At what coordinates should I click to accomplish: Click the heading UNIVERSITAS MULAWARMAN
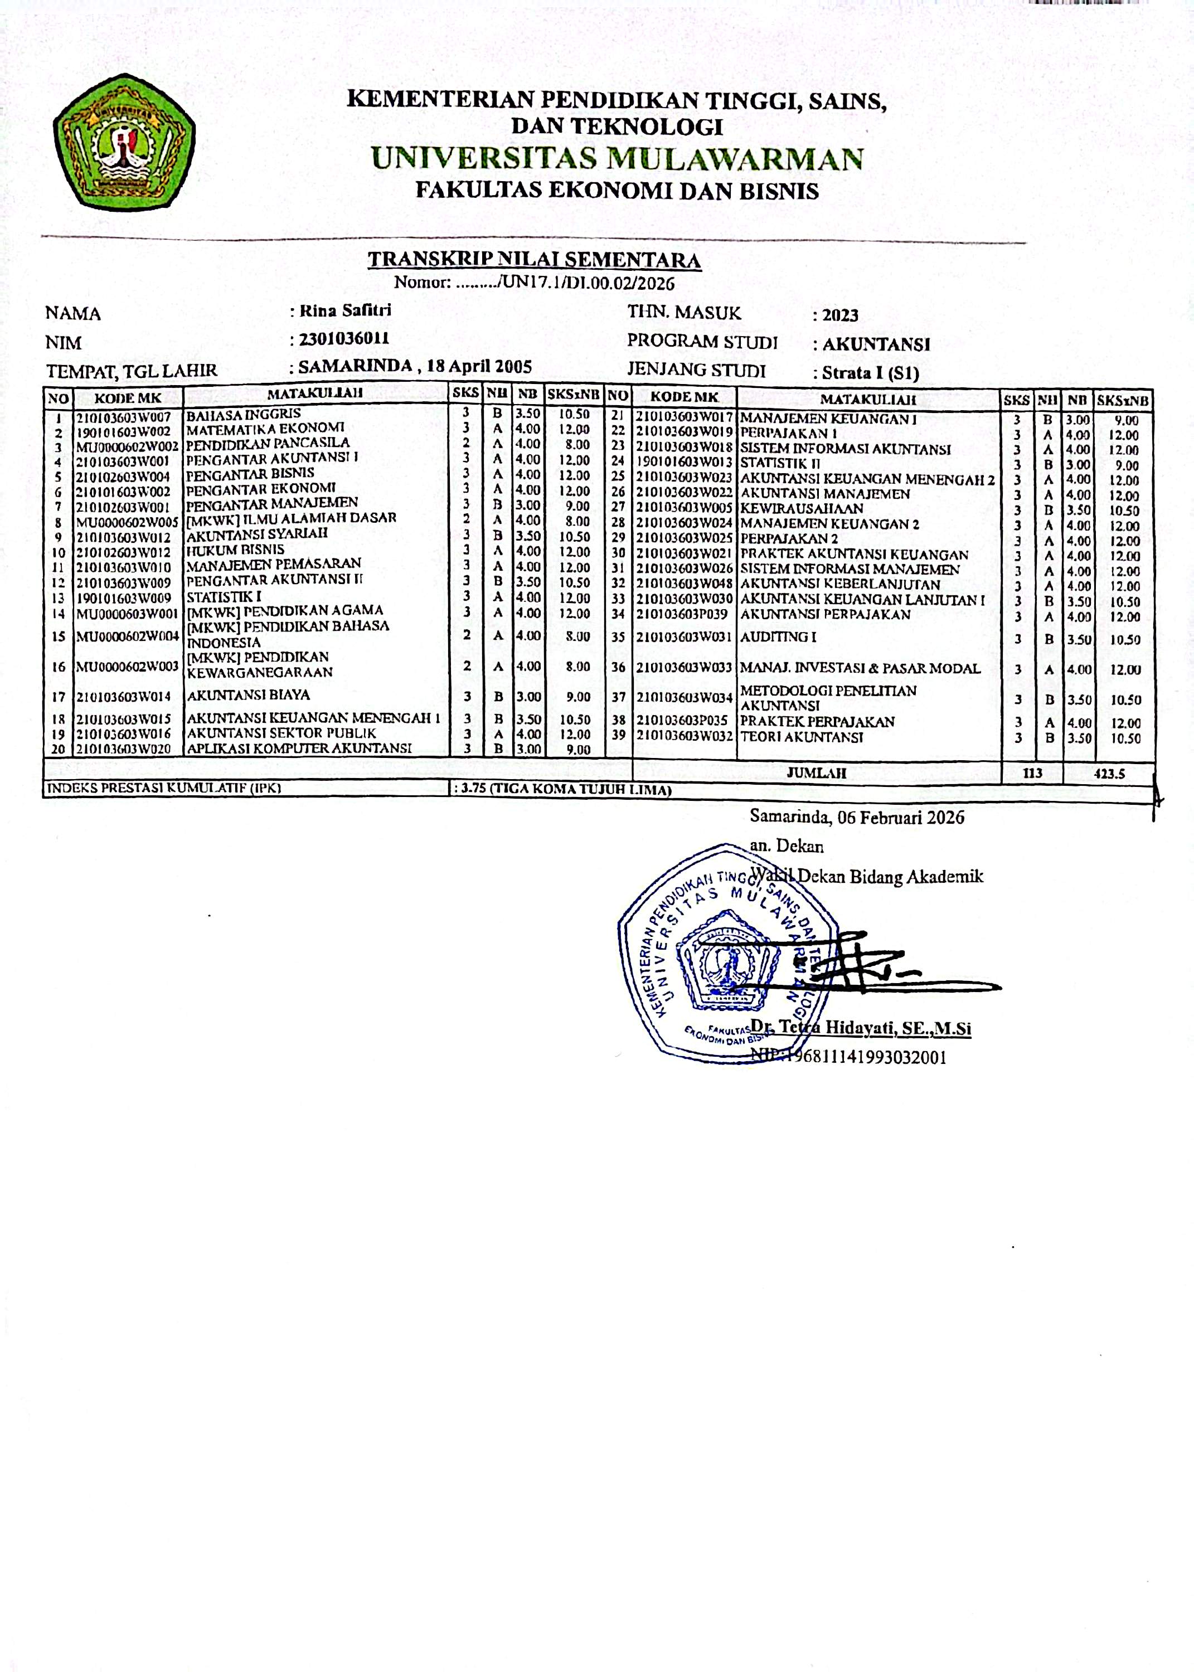(x=617, y=159)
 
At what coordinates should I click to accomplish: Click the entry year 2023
(x=841, y=315)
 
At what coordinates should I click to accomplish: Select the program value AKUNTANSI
(x=876, y=344)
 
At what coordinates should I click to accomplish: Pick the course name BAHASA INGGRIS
(x=244, y=414)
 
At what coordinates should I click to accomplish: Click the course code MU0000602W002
(x=127, y=446)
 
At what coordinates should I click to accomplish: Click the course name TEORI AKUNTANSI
(x=802, y=737)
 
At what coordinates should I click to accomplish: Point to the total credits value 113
(x=1033, y=772)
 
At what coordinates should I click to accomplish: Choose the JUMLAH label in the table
(x=816, y=772)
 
